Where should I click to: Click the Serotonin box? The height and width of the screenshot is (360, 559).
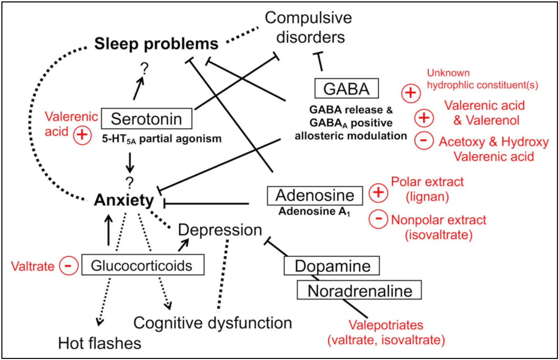(x=146, y=119)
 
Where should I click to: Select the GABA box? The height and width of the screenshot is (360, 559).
(x=346, y=89)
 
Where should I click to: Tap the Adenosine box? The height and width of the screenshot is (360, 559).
(x=315, y=196)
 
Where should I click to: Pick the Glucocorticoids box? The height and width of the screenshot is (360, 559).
(x=143, y=265)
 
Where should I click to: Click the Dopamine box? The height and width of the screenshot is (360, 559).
(x=332, y=266)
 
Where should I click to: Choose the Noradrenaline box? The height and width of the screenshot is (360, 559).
(x=359, y=291)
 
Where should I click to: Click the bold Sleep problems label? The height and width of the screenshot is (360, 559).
(x=156, y=44)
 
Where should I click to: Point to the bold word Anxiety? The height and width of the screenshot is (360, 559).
(x=124, y=200)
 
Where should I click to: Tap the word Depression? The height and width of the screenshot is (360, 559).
(x=220, y=230)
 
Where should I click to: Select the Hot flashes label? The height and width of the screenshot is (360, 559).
(x=100, y=343)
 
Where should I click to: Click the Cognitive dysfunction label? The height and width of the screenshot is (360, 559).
(x=212, y=323)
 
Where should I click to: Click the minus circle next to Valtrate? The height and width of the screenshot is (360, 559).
(x=68, y=266)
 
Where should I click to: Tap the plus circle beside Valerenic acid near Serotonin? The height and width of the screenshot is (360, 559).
(x=82, y=135)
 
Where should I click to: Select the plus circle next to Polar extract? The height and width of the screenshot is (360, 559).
(x=378, y=192)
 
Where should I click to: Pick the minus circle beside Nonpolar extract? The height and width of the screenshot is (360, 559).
(x=378, y=219)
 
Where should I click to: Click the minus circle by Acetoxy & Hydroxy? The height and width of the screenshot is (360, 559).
(x=424, y=140)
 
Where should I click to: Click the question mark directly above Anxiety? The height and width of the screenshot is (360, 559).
(x=130, y=183)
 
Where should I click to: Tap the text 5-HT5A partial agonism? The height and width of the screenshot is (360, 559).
(x=161, y=139)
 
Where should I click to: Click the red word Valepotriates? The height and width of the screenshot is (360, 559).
(x=386, y=325)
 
